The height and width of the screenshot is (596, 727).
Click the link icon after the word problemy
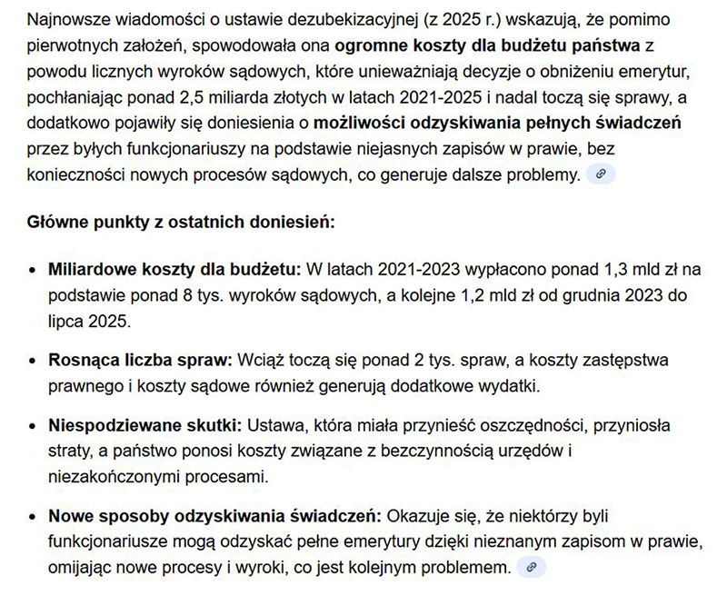coord(601,174)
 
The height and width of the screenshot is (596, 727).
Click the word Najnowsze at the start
coord(65,19)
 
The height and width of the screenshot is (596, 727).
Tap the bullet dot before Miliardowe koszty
coord(33,271)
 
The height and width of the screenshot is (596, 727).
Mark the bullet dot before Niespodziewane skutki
coord(33,426)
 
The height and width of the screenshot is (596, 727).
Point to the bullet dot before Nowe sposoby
coord(33,517)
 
